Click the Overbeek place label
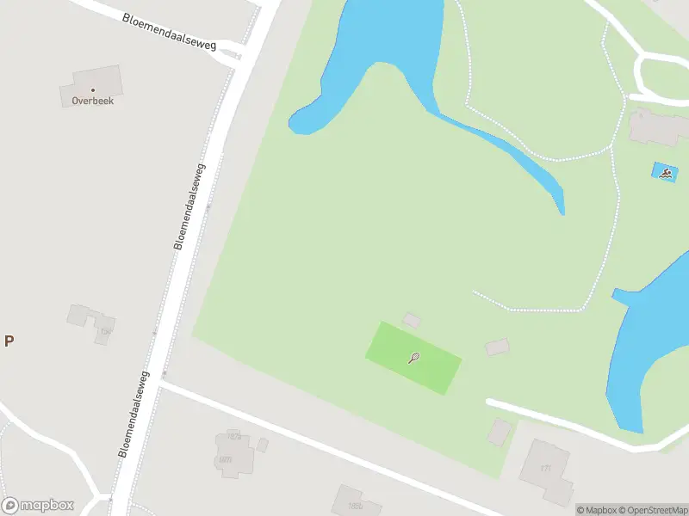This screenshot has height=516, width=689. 93,101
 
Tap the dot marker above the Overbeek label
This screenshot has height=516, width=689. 93,89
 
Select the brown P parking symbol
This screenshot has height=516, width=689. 9,341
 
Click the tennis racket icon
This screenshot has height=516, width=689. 414,358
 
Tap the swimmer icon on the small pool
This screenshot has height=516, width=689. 666,173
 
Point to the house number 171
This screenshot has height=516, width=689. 545,469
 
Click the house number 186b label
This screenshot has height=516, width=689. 226,459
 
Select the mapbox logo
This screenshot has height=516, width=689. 38,506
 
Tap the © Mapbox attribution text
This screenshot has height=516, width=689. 598,510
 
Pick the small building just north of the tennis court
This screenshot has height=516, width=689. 413,321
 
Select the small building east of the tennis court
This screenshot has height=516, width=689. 497,347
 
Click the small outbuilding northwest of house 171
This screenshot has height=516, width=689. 499,432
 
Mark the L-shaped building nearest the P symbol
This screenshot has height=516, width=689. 91,322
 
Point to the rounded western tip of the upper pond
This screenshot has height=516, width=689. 298,124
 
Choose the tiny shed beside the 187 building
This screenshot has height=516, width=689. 263,445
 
